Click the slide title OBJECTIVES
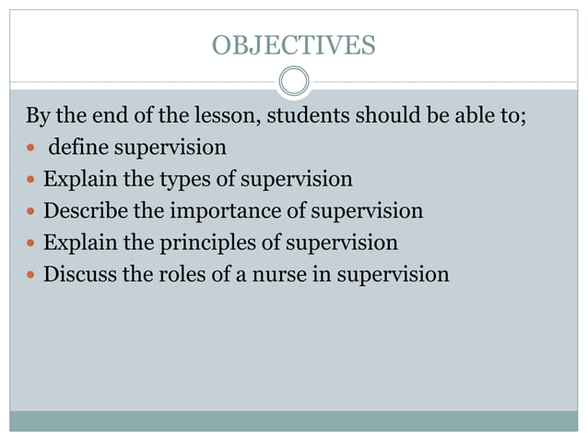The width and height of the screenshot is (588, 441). (x=293, y=44)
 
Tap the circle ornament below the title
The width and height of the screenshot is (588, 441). (x=293, y=82)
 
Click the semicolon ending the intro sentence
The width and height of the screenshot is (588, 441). (x=522, y=118)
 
